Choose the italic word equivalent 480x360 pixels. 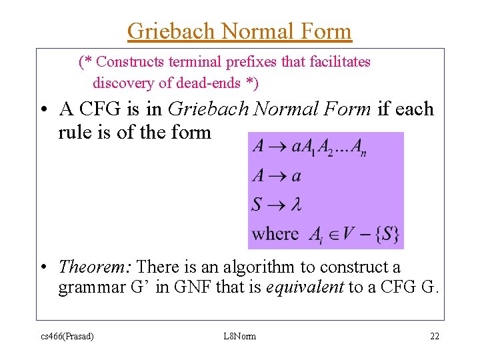pos(305,289)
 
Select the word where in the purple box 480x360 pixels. pos(275,234)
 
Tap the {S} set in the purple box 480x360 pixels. pos(385,234)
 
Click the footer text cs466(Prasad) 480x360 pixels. pos(66,336)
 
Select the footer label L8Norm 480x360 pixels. pos(240,336)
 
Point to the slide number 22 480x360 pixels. pos(434,336)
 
